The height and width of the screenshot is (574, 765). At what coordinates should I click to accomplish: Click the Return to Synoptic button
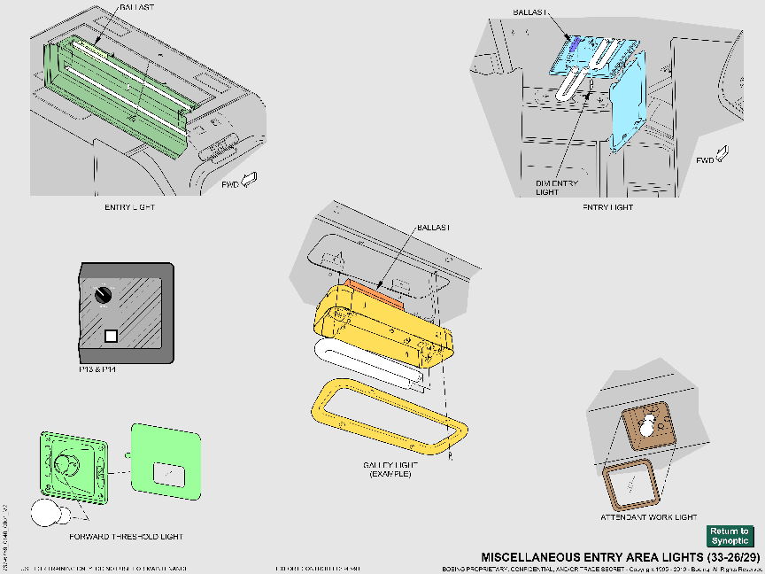click(730, 536)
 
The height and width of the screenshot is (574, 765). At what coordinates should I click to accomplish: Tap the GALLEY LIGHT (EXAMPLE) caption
click(389, 469)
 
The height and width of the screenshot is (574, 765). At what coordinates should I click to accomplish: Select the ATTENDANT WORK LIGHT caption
click(649, 516)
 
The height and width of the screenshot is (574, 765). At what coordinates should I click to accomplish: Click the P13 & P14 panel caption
click(99, 368)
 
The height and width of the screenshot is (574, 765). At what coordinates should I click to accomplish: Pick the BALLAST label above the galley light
click(433, 228)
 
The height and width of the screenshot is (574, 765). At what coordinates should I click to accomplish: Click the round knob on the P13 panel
click(104, 294)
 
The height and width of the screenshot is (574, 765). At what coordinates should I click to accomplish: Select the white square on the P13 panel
click(111, 336)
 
